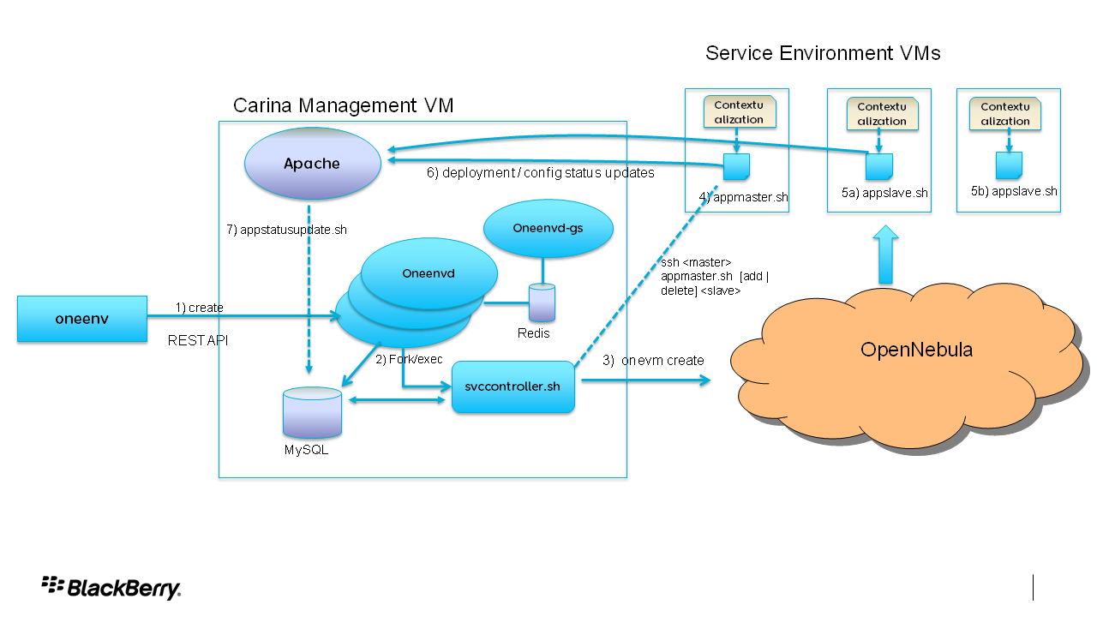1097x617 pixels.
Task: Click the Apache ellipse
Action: click(x=313, y=163)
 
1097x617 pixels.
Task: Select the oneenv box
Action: click(x=82, y=319)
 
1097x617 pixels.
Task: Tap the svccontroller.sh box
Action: click(x=513, y=386)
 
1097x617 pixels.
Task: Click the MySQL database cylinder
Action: click(x=312, y=412)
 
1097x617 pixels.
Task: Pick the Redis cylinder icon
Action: click(x=542, y=304)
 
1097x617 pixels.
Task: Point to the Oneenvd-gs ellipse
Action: click(x=548, y=228)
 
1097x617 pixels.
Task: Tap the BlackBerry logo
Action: click(x=111, y=587)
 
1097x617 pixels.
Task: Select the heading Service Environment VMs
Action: click(x=822, y=53)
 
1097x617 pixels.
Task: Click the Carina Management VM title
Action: click(x=343, y=105)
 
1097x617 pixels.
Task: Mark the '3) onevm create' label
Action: click(x=653, y=361)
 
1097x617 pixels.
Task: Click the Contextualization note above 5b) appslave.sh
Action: click(x=1005, y=114)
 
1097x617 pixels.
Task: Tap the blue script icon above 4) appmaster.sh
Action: click(x=736, y=167)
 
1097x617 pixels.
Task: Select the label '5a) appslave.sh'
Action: click(x=884, y=193)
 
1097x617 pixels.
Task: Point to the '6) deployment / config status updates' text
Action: click(x=540, y=172)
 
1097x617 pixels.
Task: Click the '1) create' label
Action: click(x=199, y=307)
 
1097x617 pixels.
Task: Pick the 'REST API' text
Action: click(x=198, y=340)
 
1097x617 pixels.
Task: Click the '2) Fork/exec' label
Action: click(x=409, y=359)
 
